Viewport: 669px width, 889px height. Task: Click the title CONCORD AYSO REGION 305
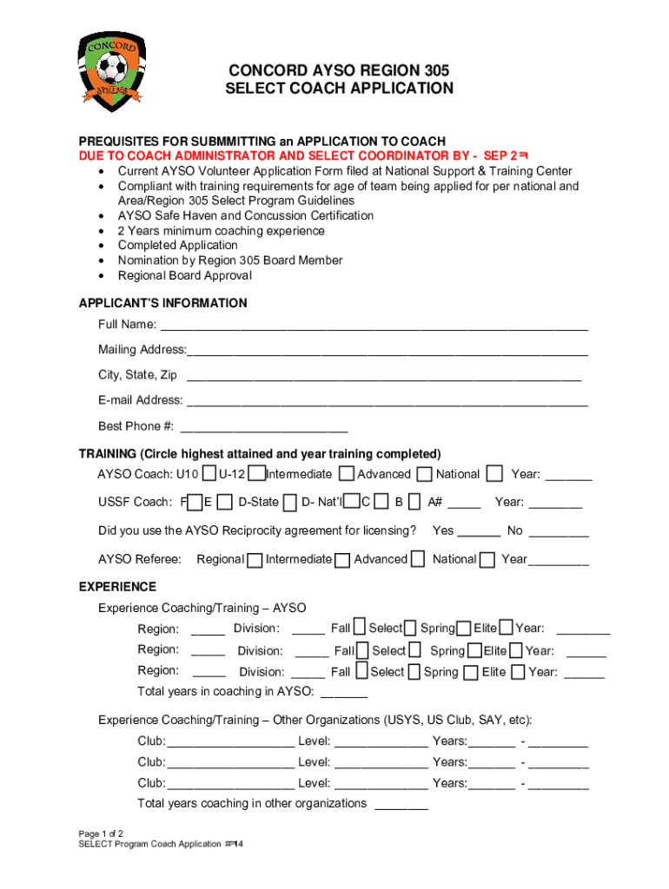tap(339, 70)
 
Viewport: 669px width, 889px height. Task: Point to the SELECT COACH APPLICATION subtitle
tap(339, 89)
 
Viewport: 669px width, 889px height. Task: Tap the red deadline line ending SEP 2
tap(304, 156)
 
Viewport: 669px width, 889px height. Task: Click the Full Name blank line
tap(374, 327)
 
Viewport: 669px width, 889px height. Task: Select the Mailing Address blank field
tap(387, 352)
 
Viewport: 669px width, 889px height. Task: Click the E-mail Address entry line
tap(387, 403)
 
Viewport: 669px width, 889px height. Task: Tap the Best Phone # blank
tap(262, 428)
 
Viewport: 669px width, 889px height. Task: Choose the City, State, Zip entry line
tap(383, 378)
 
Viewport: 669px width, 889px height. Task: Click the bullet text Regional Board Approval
tap(185, 275)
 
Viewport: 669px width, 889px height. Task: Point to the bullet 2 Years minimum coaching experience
tap(222, 231)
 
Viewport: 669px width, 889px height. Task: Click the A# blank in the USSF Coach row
tap(465, 504)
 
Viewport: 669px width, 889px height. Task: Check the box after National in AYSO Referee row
tap(487, 560)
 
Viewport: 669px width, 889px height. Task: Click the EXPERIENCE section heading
tap(117, 587)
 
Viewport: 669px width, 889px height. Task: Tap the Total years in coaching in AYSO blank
tap(344, 695)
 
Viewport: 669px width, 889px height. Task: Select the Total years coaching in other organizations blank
tap(401, 806)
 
